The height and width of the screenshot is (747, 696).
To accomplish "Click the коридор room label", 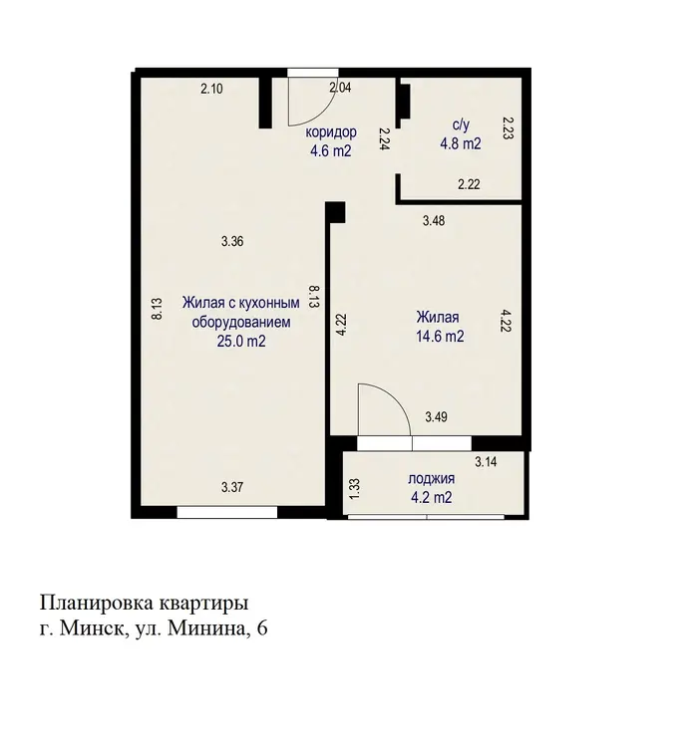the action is [331, 131].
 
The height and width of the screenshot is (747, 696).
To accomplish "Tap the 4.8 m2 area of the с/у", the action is [461, 143].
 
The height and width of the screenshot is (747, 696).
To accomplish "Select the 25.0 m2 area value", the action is [241, 341].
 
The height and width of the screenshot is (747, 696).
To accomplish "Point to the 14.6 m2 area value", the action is [440, 337].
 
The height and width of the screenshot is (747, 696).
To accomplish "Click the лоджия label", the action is [431, 478].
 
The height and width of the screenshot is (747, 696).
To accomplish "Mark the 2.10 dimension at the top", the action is [211, 89].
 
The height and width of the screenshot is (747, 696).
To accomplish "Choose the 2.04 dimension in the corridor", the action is [341, 88].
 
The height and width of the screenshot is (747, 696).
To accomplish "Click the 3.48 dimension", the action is [434, 220].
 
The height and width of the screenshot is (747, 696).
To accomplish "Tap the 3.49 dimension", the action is [436, 417].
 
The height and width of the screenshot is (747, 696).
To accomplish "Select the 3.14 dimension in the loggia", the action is [486, 461].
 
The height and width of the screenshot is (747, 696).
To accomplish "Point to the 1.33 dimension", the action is [354, 489].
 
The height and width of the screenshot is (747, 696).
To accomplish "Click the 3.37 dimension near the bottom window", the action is [232, 487].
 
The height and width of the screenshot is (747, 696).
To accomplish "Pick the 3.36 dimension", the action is [232, 242].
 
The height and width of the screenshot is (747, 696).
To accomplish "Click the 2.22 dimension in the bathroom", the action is [469, 184].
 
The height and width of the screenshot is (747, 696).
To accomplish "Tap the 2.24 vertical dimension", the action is [384, 138].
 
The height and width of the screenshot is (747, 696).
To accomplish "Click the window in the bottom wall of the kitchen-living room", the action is [227, 512].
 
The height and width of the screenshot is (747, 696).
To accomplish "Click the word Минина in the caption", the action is [207, 628].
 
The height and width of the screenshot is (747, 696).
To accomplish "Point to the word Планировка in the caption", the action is [98, 604].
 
